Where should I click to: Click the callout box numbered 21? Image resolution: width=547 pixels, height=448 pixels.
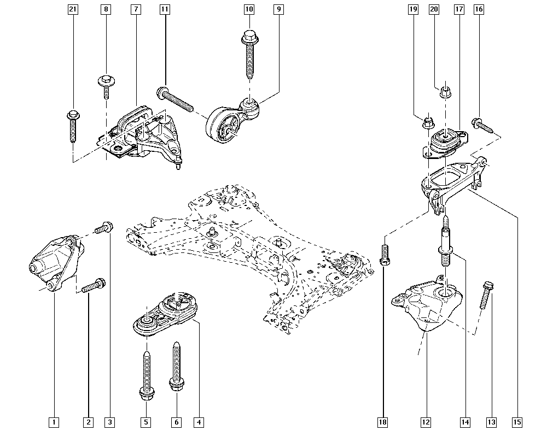point(72,9)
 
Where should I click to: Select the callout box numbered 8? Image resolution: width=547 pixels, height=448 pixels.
point(106,9)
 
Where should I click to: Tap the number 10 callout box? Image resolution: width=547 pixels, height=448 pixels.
point(249,9)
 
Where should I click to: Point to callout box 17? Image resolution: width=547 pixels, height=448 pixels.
point(458,9)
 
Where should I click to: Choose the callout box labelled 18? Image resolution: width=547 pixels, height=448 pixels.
point(383,422)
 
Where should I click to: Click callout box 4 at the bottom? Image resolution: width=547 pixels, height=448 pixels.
point(199,422)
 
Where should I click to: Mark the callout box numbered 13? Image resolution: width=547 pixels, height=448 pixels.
point(491,422)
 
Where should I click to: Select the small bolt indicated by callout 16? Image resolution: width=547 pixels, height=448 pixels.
point(484,126)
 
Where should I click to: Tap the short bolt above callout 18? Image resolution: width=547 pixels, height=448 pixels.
point(385,255)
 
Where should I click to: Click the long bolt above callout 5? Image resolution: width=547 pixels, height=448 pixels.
point(146,372)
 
